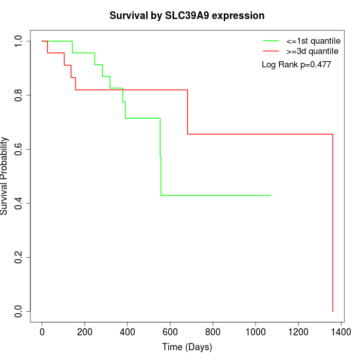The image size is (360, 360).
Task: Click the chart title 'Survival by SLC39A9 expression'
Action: coord(187,16)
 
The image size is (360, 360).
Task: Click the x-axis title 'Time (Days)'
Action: coord(187,347)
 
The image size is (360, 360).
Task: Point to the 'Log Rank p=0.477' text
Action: coord(296,65)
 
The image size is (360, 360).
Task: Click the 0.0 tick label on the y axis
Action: coord(19,311)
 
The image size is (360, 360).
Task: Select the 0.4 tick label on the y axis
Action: coord(19,203)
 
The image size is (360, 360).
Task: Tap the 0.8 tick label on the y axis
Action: coord(19,95)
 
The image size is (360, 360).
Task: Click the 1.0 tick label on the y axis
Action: coord(19,41)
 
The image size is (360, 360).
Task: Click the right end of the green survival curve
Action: coord(271,195)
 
